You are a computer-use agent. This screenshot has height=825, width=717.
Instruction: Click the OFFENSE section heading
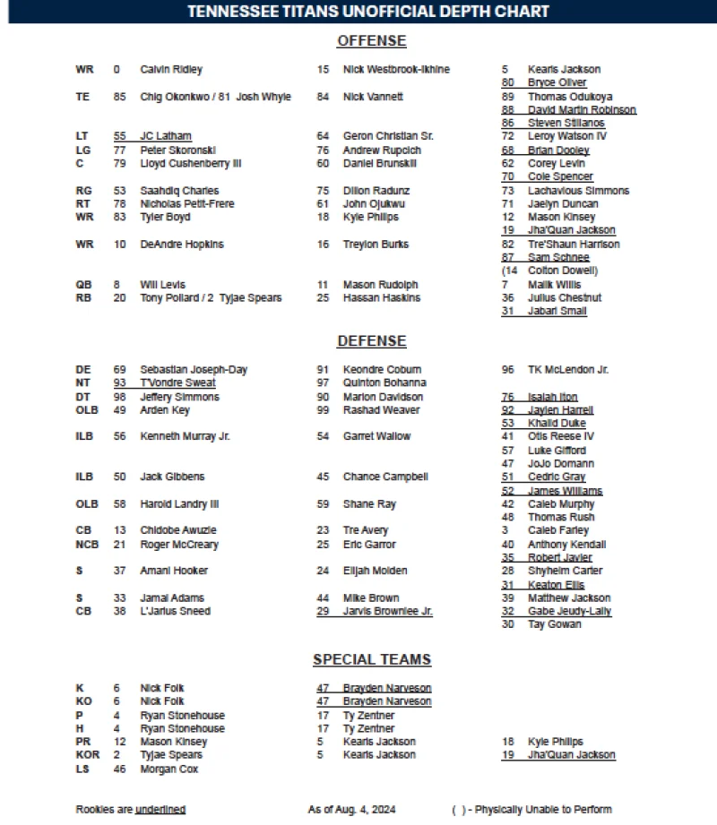[371, 41]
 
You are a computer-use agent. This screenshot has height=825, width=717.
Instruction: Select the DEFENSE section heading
[371, 341]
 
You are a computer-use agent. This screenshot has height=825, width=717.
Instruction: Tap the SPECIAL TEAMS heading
[371, 660]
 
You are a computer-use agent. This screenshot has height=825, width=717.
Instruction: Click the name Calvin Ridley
[171, 70]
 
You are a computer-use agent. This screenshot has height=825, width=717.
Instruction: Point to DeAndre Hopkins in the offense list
[182, 245]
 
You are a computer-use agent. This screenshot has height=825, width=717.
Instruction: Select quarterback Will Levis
[162, 285]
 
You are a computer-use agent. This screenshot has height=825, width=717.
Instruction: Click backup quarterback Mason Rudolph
[380, 285]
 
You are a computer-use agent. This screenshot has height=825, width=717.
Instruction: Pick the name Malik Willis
[554, 285]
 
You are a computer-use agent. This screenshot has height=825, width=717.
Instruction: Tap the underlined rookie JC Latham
[165, 136]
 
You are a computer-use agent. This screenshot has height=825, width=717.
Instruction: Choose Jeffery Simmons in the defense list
[179, 397]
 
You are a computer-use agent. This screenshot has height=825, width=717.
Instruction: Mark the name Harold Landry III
[179, 504]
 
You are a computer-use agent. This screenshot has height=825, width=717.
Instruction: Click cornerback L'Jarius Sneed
[175, 611]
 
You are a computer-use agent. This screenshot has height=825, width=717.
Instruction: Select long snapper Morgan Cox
[169, 769]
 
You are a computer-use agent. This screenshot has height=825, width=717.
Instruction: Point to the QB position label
[83, 285]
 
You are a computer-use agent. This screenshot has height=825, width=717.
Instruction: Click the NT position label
[83, 383]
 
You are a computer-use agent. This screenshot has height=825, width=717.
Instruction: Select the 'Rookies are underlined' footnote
[131, 810]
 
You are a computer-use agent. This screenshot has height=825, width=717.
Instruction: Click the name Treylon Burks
[376, 245]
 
